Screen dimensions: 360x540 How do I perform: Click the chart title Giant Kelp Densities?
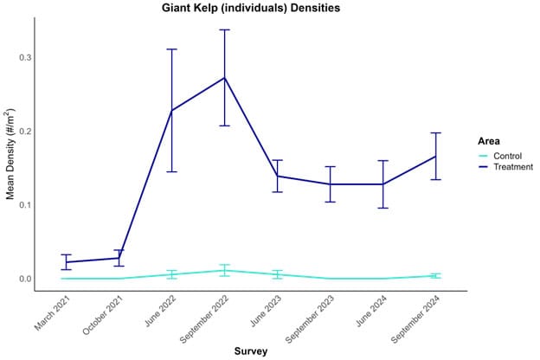(x=251, y=9)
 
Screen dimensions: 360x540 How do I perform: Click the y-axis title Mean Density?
(x=11, y=154)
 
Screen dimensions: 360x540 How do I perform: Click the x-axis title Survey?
(x=251, y=351)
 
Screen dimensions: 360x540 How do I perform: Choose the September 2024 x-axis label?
(x=415, y=321)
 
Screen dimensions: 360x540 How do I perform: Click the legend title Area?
(x=488, y=139)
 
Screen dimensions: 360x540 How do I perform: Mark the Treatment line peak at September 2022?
(x=224, y=78)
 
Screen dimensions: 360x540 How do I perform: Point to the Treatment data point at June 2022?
(x=171, y=111)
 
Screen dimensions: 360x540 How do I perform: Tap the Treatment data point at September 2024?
(x=435, y=156)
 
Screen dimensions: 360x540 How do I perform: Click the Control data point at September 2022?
(x=224, y=270)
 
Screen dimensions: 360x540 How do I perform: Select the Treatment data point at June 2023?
(x=277, y=176)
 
